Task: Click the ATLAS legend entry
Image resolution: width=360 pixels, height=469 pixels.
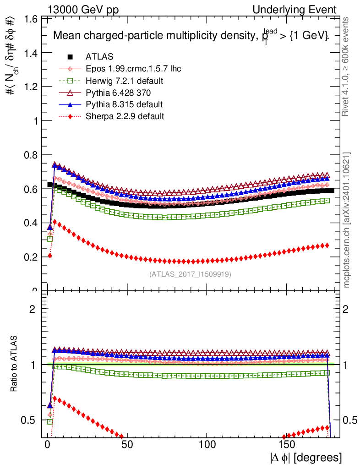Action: point(98,57)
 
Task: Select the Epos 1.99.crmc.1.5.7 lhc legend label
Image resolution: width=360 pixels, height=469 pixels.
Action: point(133,69)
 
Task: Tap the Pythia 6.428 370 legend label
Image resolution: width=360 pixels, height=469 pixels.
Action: point(118,93)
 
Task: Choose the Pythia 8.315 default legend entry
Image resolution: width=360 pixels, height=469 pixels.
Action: point(124,104)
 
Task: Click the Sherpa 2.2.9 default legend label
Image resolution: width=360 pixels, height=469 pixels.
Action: point(125,116)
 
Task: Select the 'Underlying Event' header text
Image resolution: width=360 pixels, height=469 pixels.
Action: point(304,9)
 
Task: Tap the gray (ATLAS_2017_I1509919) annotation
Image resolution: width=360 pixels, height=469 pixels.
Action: point(190,274)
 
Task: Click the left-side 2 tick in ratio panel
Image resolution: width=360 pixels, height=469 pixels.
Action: point(33,309)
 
